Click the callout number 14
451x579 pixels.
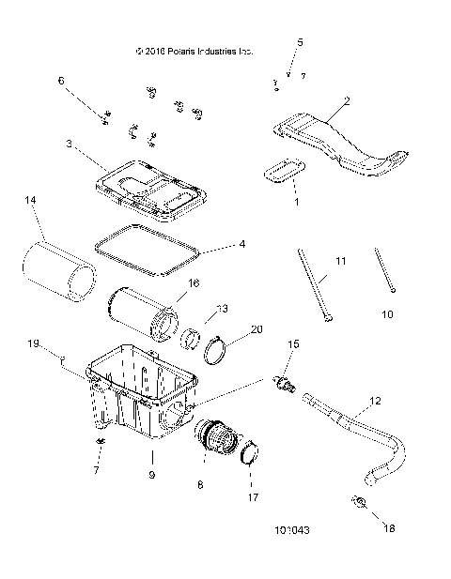pos(31,201)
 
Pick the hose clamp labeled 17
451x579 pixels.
pos(249,456)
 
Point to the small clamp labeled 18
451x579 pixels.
pos(359,504)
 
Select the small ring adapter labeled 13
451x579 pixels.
pos(193,336)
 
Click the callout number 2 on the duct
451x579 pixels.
pos(347,99)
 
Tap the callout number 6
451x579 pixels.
pos(62,81)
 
